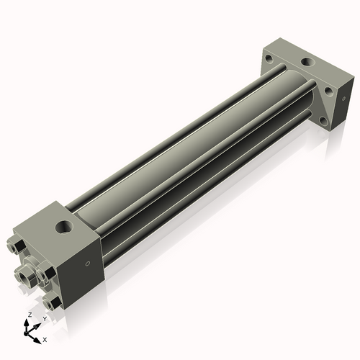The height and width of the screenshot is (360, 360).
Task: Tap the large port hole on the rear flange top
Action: [x=307, y=62]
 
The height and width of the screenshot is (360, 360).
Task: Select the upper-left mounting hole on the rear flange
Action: [x=269, y=58]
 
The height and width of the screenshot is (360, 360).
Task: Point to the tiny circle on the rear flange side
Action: [x=343, y=99]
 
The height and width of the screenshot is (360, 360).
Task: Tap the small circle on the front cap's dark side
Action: [x=88, y=264]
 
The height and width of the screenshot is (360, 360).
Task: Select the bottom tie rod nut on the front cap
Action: [x=52, y=303]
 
